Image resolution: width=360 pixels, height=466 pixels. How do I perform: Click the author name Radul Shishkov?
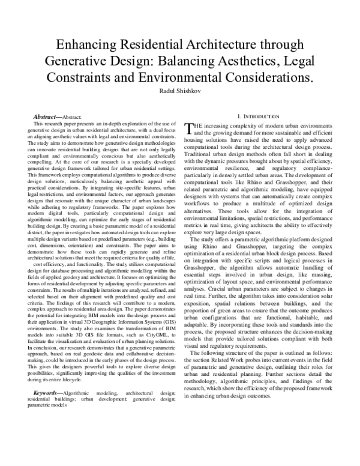pyautogui.click(x=179, y=91)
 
